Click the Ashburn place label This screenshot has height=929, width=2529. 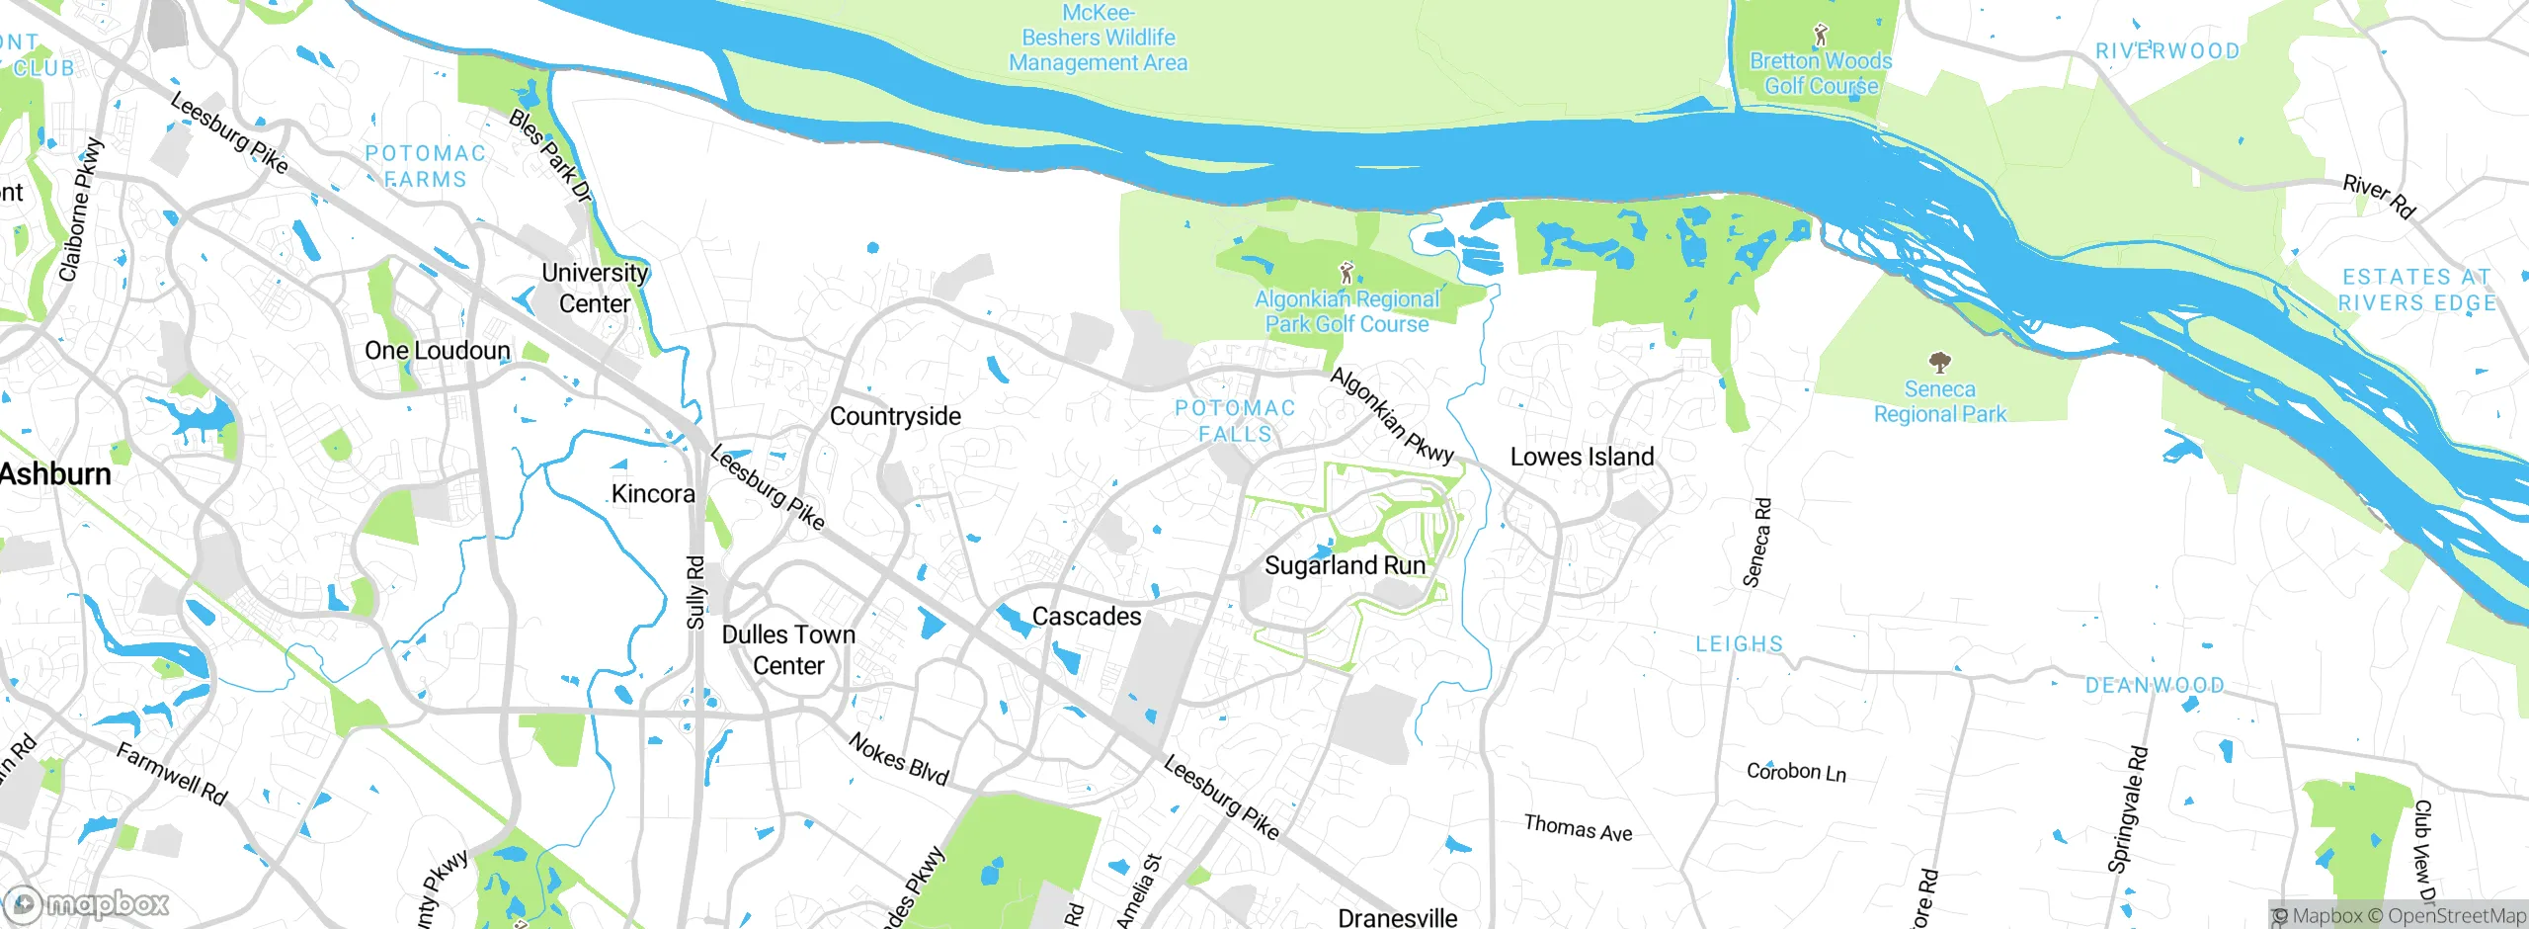(55, 474)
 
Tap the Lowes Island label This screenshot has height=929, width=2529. (1582, 457)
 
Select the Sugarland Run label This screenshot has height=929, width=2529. (1345, 565)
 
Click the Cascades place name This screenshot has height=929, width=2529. (1086, 616)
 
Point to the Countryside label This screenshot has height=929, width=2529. (895, 416)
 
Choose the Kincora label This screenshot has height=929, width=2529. (653, 493)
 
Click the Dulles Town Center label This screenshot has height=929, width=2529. (788, 649)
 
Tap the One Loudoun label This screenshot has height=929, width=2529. (438, 351)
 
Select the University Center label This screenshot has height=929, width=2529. (595, 288)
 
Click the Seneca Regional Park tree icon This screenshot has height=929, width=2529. (1939, 362)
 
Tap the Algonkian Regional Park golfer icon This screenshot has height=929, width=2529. (1345, 272)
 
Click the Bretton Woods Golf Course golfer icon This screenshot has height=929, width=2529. (1821, 36)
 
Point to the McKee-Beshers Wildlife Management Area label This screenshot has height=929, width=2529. (1098, 38)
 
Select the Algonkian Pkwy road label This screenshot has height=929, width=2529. (1392, 416)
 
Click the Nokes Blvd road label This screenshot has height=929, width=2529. (898, 759)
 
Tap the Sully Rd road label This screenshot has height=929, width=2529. (695, 592)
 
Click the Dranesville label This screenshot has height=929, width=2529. (1397, 917)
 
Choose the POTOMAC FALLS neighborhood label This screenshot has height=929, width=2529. (1235, 421)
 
